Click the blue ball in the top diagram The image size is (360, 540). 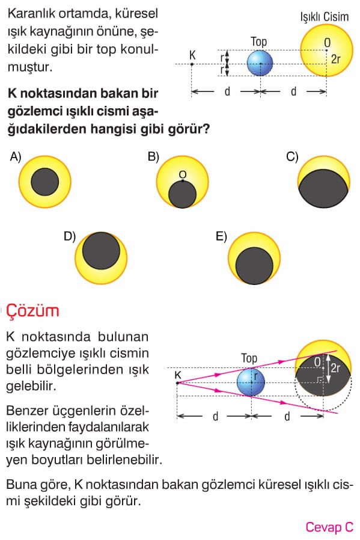coord(260,63)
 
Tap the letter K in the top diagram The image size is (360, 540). coord(192,55)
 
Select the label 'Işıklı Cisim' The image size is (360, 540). coord(324,16)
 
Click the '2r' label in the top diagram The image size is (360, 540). coord(335,60)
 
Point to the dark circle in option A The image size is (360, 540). coord(44,182)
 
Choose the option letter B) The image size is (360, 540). coord(153,157)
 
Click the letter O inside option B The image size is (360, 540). coord(183,174)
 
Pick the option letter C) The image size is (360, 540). coord(292,157)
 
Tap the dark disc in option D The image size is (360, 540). coord(101,251)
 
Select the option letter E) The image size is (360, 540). coord(221,236)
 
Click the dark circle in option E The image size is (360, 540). coord(254,266)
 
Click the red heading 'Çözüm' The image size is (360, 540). coord(32,311)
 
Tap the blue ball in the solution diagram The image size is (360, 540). coord(251,382)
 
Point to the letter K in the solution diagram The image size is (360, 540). coord(177,375)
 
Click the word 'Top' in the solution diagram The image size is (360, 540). coord(249,358)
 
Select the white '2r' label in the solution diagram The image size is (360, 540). coord(335,368)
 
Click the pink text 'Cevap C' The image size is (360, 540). coord(329,527)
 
